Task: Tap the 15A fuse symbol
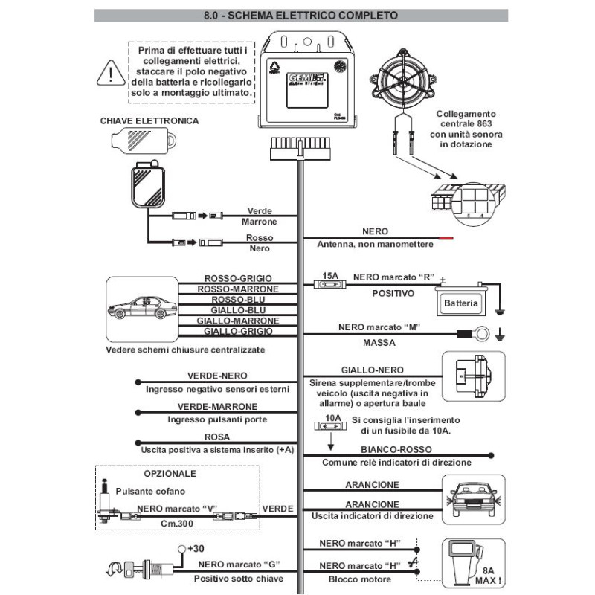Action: tap(330, 282)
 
